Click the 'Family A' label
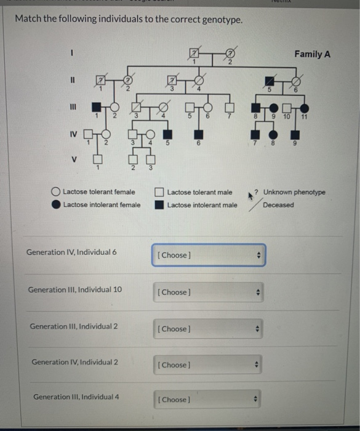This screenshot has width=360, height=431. point(312,54)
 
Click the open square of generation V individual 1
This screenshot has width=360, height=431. point(97,159)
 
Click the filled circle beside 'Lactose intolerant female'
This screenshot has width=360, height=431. point(56,205)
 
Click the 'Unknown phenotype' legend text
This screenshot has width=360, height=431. point(294,192)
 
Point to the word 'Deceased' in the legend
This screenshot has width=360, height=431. point(278,205)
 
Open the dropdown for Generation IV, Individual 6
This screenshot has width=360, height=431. point(209,256)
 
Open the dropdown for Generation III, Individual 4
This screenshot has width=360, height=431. point(209,400)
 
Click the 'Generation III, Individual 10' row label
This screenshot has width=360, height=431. point(74,289)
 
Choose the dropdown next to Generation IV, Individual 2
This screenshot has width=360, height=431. point(209,365)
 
